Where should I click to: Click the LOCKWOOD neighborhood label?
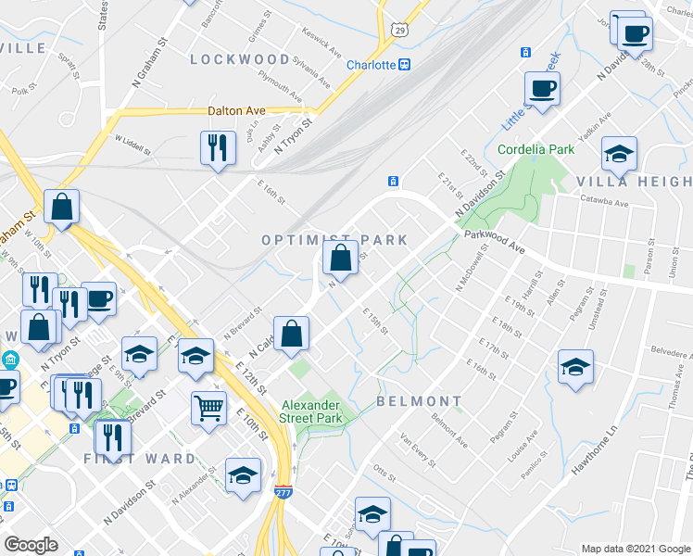pyautogui.click(x=240, y=59)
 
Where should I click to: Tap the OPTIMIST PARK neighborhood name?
pyautogui.click(x=334, y=240)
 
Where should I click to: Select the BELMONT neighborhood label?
pyautogui.click(x=419, y=401)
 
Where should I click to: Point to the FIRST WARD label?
pyautogui.click(x=140, y=459)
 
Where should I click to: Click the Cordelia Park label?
pyautogui.click(x=535, y=149)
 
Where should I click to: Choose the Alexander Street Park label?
pyautogui.click(x=312, y=411)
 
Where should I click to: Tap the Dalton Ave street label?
pyautogui.click(x=236, y=110)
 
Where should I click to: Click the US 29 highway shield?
pyautogui.click(x=399, y=31)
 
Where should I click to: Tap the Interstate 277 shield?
pyautogui.click(x=284, y=492)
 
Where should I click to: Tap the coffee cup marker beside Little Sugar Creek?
pyautogui.click(x=542, y=89)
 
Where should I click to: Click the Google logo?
pyautogui.click(x=31, y=545)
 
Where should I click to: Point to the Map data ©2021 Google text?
pyautogui.click(x=636, y=549)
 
